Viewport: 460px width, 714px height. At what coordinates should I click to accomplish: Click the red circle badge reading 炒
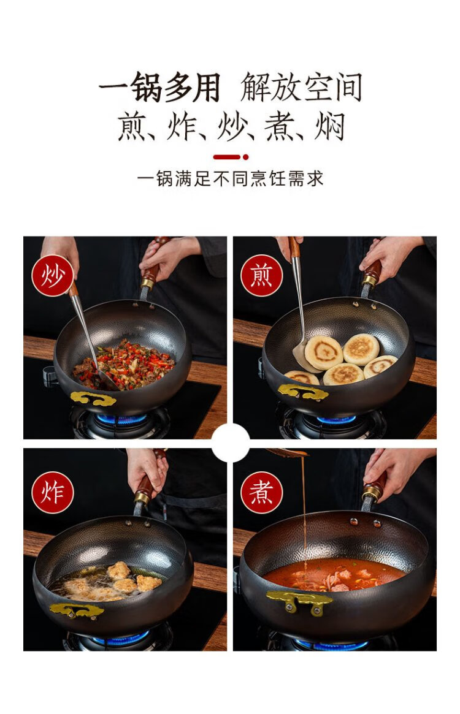pos(52,276)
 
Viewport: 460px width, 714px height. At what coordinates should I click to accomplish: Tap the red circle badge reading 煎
pos(262,276)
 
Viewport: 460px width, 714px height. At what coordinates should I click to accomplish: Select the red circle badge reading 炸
pos(52,492)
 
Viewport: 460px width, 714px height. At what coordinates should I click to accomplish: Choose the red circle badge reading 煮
pos(262,492)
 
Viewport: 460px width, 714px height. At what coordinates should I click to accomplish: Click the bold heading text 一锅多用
pos(159,87)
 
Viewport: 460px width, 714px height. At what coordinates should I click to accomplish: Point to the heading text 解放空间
pos(301,87)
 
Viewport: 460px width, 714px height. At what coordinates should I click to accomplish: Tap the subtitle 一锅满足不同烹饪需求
pos(230,178)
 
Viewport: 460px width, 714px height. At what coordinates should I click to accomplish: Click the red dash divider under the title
pos(231,157)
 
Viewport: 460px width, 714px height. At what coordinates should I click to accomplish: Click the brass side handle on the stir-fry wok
pos(93,398)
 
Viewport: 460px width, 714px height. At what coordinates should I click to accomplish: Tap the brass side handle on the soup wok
pos(299,600)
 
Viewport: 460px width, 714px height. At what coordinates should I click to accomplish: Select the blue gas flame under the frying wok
pos(120,639)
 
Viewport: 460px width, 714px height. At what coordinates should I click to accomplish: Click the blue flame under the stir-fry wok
pos(121,419)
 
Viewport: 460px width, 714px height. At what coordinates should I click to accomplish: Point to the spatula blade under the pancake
pos(304,357)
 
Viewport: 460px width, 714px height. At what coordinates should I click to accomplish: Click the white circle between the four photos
pos(231,442)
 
